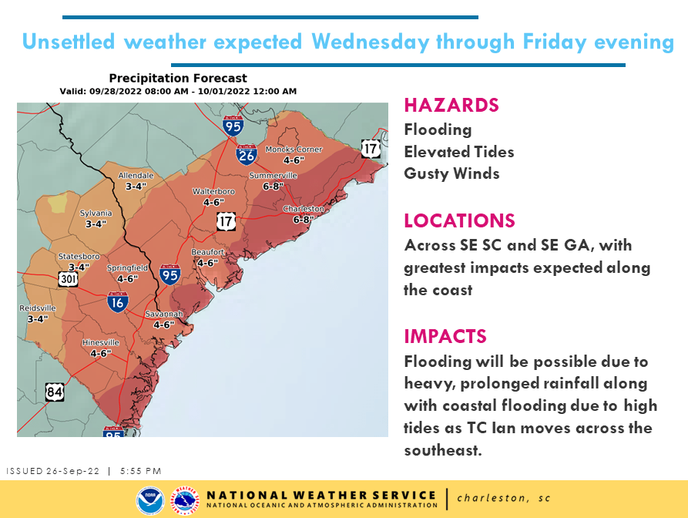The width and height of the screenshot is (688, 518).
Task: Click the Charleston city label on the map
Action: (x=304, y=209)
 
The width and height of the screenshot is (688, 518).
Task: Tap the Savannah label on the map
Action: (x=164, y=314)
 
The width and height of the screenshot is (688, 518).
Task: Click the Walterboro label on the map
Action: (x=213, y=191)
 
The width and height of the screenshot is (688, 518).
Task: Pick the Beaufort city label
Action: (x=208, y=252)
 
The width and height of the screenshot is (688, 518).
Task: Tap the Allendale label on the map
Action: (x=136, y=176)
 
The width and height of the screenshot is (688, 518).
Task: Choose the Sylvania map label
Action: (x=96, y=214)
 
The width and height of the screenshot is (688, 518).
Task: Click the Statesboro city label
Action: (x=79, y=256)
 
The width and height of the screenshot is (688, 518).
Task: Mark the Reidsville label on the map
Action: (x=38, y=308)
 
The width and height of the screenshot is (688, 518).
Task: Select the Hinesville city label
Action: (x=101, y=342)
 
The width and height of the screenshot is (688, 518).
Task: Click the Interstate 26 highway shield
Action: (x=247, y=154)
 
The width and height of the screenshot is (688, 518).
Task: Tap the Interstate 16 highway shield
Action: (x=117, y=302)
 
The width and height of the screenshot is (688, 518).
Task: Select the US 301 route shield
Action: (x=67, y=278)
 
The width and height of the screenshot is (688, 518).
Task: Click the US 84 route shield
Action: (x=54, y=392)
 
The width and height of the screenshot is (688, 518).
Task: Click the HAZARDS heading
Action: (x=451, y=105)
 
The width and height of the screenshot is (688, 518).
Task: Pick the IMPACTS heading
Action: (x=445, y=336)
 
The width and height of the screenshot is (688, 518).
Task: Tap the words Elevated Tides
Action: (x=458, y=152)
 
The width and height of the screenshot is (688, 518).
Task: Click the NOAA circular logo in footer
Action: (x=148, y=500)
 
